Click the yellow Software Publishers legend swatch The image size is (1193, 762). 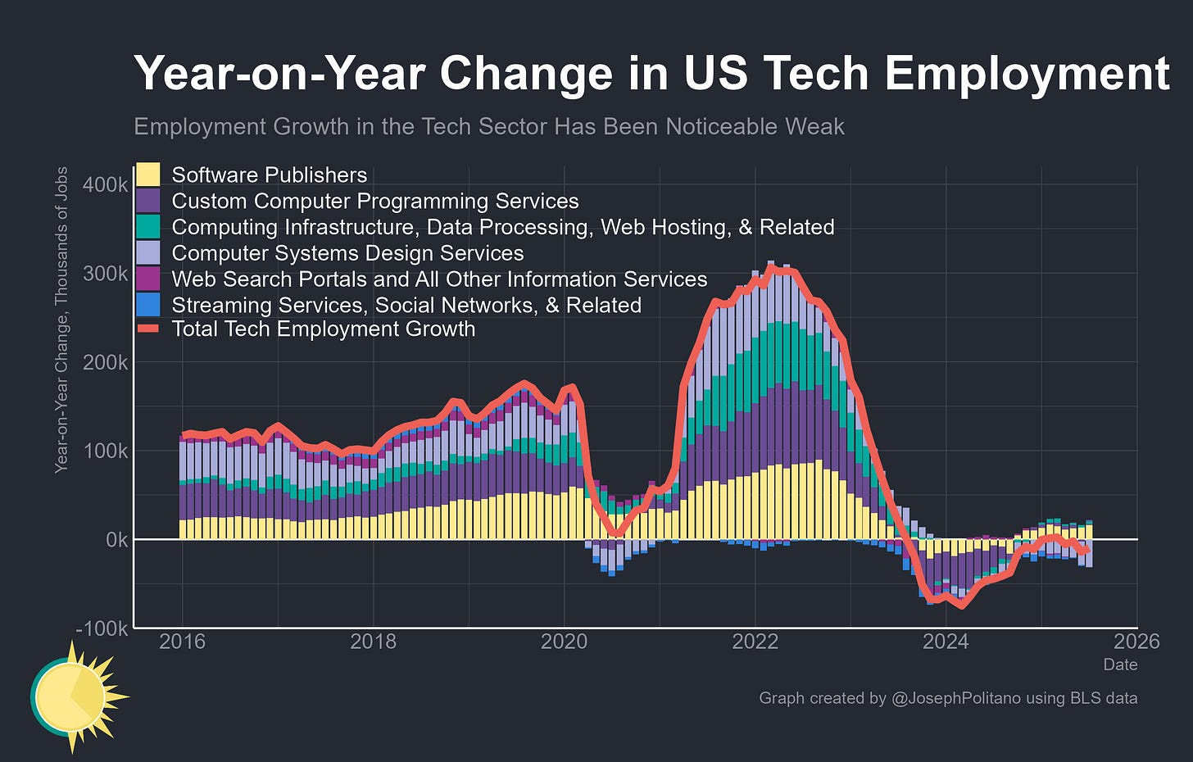(147, 175)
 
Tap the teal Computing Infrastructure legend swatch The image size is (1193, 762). (147, 226)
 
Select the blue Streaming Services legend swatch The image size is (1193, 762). (147, 305)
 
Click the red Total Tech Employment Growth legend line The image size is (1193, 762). (147, 329)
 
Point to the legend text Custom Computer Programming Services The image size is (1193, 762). (374, 201)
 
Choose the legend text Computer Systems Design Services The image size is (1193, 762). (347, 253)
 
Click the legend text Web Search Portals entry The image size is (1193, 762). (439, 279)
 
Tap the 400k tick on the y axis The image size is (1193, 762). (106, 184)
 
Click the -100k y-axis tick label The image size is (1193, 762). (102, 629)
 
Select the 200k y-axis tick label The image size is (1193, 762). (106, 362)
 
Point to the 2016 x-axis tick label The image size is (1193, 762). (182, 642)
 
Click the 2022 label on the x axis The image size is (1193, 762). (755, 642)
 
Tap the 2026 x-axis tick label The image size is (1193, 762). (1136, 642)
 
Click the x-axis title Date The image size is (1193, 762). (1120, 664)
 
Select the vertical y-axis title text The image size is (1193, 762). (61, 320)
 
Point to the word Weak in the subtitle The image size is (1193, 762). (815, 127)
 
